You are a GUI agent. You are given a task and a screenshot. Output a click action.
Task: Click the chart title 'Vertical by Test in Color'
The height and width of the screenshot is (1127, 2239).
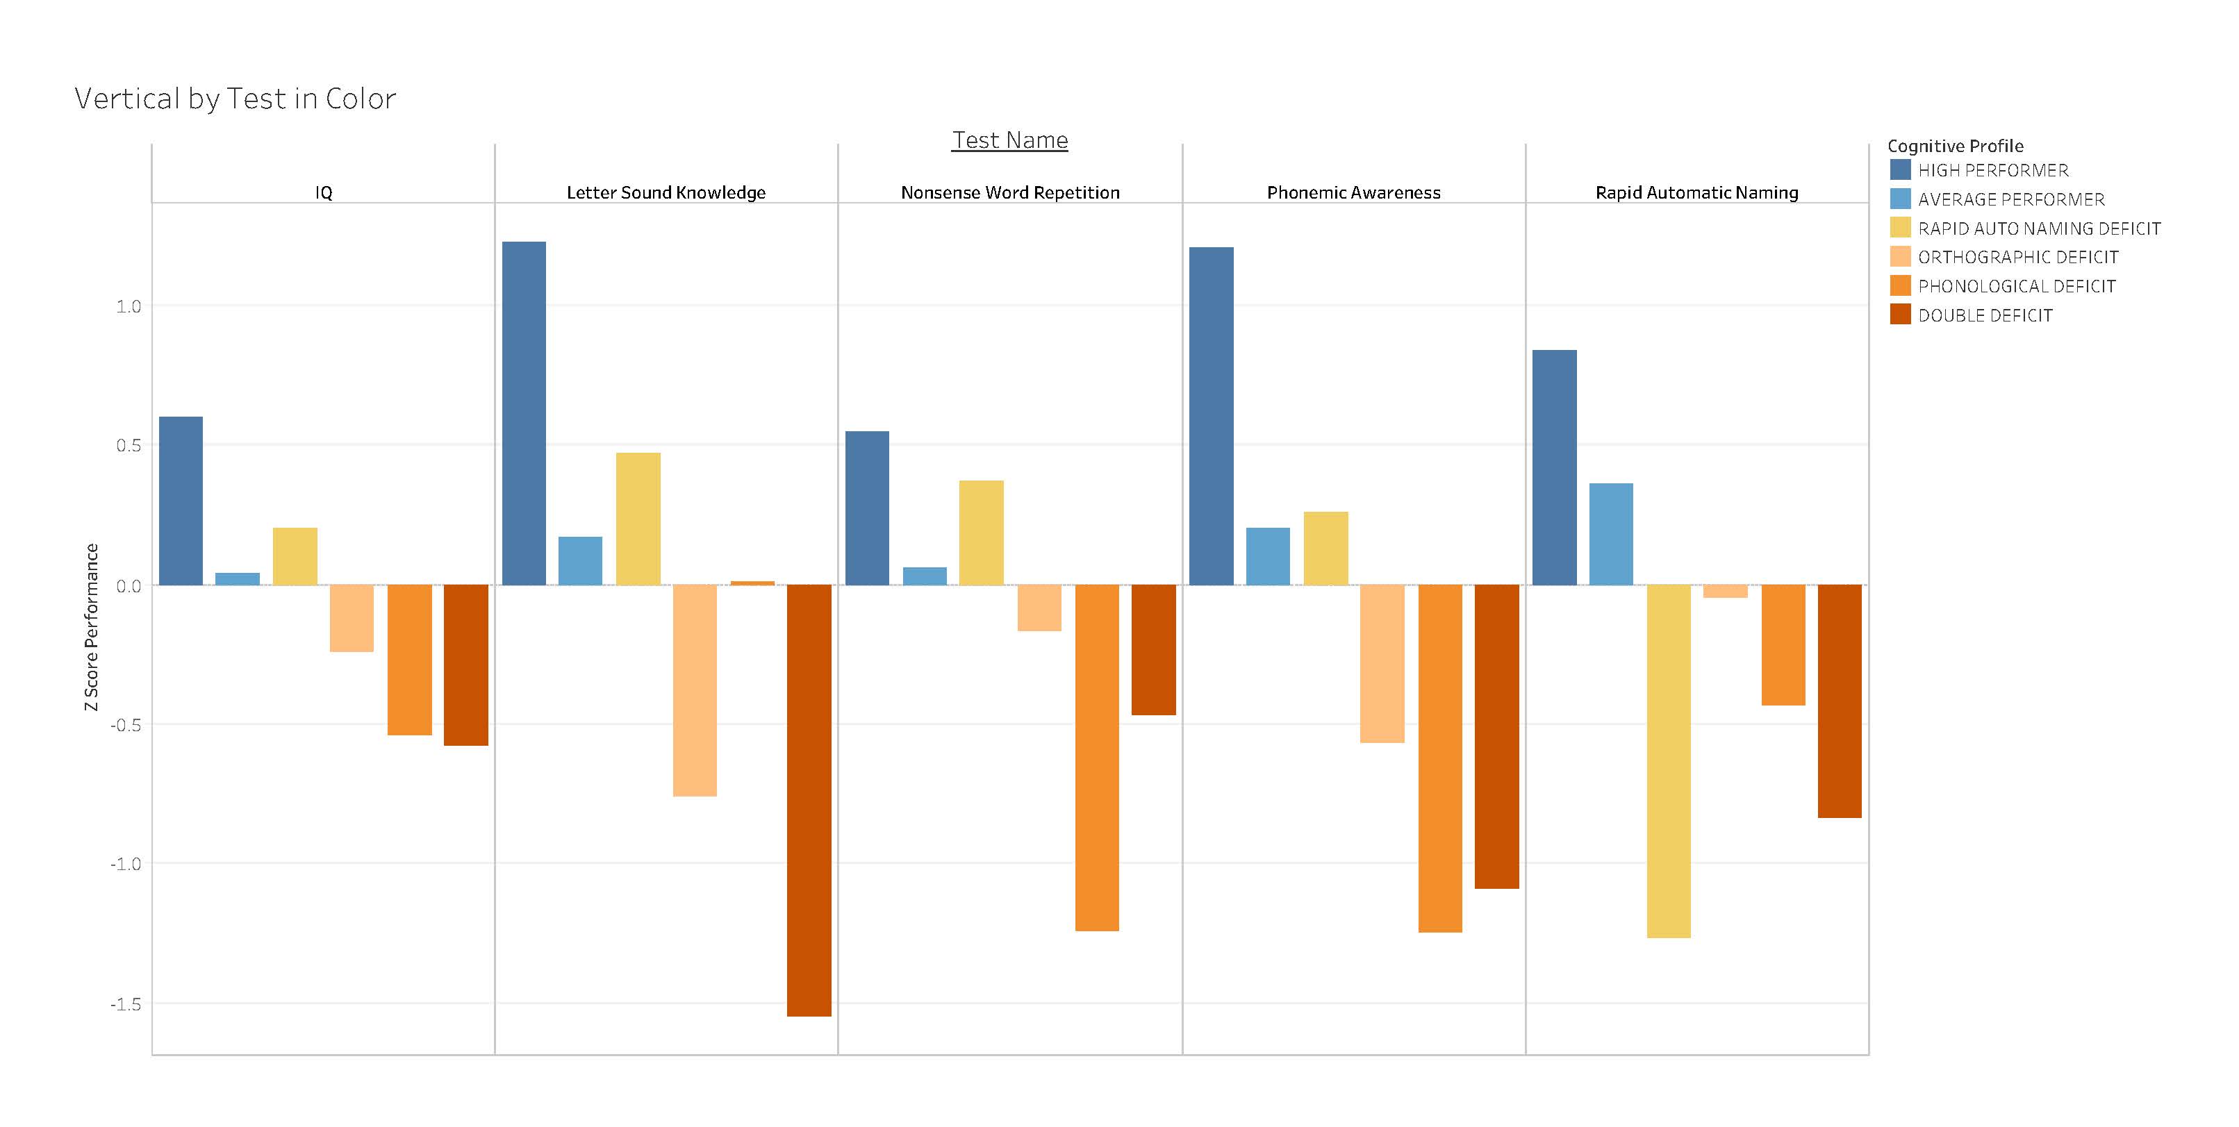coord(235,98)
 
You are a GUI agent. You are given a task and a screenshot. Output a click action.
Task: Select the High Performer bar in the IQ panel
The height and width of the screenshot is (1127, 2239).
coord(181,501)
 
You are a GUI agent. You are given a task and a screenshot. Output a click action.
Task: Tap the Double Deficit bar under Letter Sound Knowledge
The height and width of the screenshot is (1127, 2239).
coord(809,799)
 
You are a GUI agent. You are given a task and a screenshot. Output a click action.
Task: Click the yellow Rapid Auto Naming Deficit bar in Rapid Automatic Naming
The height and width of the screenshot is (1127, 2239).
coord(1669,760)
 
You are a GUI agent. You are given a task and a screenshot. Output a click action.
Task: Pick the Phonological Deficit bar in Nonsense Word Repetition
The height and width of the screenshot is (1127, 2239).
coord(1097,757)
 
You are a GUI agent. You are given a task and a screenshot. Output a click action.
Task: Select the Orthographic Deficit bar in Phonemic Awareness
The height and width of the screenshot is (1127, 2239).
coord(1382,663)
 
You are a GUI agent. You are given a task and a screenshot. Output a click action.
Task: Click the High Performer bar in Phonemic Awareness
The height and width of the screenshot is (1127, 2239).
coord(1211,415)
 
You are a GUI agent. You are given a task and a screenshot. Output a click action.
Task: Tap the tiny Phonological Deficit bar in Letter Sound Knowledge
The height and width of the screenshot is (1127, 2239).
coord(753,583)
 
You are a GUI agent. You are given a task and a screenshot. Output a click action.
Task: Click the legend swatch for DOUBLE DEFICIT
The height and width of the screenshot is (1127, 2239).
coord(1900,315)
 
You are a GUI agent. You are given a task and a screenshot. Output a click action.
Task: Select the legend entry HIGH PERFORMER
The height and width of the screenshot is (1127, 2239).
coord(1992,170)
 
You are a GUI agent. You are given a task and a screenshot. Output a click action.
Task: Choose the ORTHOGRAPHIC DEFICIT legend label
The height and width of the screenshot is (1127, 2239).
coord(2017,257)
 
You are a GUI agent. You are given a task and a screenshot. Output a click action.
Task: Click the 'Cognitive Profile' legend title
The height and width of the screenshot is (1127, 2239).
coord(1955,146)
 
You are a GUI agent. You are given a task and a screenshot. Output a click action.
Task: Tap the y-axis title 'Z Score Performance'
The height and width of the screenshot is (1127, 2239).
coord(91,626)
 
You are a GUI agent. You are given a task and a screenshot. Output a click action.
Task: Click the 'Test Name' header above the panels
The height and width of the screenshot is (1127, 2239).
coord(1009,140)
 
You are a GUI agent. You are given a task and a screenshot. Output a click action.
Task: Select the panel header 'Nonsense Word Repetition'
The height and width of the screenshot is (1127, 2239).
coord(1010,193)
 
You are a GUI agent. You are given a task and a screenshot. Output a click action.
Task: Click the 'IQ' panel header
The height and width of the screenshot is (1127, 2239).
coord(323,193)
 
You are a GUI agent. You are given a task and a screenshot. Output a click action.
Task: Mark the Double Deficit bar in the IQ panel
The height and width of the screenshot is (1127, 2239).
coord(466,665)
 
